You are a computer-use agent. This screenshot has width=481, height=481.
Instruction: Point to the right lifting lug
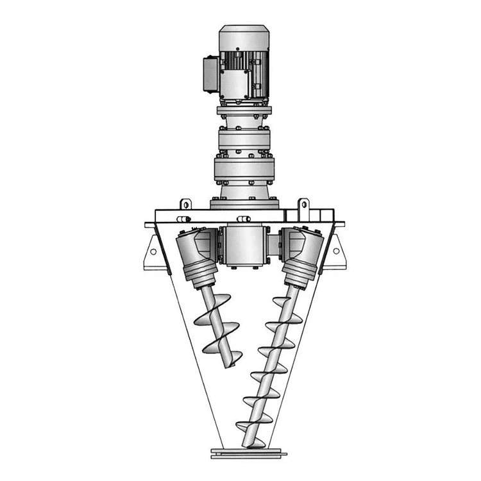[x=303, y=205]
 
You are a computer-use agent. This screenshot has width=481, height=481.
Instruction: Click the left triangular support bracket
[x=153, y=251]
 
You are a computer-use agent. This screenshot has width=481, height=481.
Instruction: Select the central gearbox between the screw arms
[x=244, y=245]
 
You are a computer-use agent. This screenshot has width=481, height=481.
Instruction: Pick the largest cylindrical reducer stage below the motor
[x=244, y=170]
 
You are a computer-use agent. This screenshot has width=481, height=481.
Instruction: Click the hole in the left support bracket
[x=153, y=252]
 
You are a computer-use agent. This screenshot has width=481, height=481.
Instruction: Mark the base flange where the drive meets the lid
[x=244, y=204]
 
